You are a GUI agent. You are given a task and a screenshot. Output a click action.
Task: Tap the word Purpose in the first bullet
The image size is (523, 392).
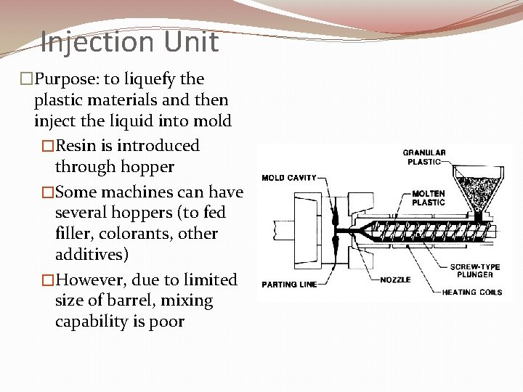coord(71,78)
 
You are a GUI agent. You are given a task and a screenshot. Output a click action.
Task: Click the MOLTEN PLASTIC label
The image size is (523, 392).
coord(429,197)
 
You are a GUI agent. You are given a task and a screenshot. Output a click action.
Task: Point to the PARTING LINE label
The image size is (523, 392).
coord(289,284)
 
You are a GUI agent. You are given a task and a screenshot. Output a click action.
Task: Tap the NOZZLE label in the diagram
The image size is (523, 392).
coord(395,279)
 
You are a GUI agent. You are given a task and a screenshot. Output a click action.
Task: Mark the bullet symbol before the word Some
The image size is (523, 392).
coord(49,192)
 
